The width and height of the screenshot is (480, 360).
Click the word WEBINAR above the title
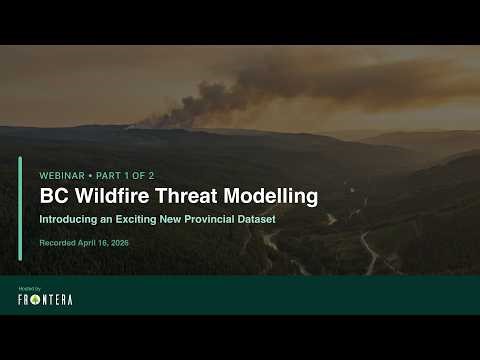[x=62, y=175]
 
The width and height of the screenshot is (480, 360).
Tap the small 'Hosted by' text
[x=29, y=288]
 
